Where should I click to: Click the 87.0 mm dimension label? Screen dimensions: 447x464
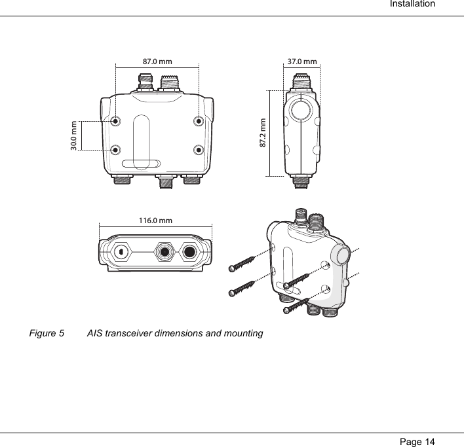click(x=157, y=62)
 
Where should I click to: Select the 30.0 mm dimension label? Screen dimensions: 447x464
click(x=73, y=135)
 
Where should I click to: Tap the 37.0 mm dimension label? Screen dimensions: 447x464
click(x=302, y=62)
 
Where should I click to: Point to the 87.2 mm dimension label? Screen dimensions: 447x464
click(x=263, y=133)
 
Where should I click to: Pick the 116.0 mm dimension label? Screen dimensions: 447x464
click(x=156, y=220)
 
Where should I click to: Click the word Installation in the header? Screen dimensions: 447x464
click(x=412, y=5)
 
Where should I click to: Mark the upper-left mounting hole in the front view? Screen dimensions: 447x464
click(x=115, y=121)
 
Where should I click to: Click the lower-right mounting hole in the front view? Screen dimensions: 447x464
click(x=199, y=149)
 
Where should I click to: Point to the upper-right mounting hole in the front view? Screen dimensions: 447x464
click(x=199, y=121)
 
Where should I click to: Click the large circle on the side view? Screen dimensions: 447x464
click(x=302, y=110)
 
